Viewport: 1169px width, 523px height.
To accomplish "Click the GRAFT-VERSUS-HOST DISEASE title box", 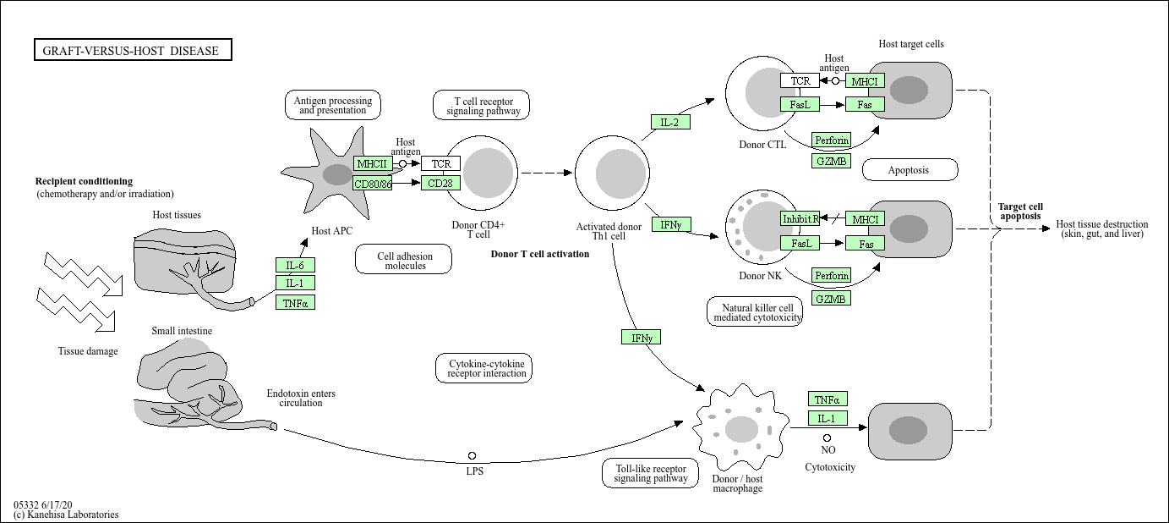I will point(133,51).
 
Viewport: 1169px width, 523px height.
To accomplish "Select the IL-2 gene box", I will point(670,122).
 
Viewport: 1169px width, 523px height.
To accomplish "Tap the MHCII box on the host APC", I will point(373,163).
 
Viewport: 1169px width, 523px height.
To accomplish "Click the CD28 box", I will point(440,183).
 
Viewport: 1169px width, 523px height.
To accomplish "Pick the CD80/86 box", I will point(373,183).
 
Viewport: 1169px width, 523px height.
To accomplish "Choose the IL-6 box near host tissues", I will point(295,265).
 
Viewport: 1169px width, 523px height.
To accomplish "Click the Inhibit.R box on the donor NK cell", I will point(800,219).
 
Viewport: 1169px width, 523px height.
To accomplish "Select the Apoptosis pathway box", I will point(910,170).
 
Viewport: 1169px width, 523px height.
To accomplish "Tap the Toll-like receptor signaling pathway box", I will point(651,473).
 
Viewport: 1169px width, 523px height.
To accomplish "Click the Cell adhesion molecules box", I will point(404,261).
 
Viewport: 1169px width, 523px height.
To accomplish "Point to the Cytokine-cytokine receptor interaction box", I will point(485,369).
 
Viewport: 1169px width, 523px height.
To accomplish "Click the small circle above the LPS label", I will point(472,456).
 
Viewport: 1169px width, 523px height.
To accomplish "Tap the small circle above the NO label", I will point(827,438).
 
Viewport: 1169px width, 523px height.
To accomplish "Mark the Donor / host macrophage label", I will point(737,483).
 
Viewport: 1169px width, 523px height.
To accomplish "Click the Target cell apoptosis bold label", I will point(1020,211).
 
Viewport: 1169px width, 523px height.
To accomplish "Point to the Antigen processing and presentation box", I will point(332,105).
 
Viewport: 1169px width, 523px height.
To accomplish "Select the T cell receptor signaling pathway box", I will point(482,105).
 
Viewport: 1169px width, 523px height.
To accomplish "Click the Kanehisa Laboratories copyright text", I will point(66,515).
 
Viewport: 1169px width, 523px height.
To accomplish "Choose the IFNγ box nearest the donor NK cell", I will point(671,224).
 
